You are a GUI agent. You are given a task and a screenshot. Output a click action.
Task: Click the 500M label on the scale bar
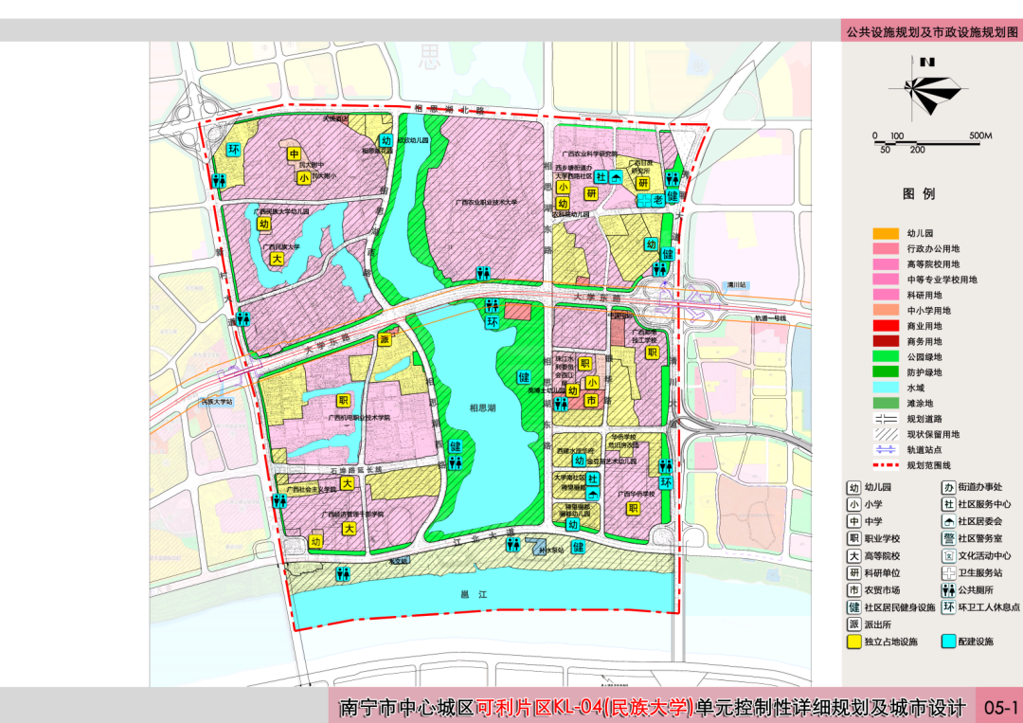(979, 136)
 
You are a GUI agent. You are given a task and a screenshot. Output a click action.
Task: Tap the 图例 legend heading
(919, 193)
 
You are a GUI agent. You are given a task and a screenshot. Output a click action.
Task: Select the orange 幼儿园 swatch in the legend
(886, 233)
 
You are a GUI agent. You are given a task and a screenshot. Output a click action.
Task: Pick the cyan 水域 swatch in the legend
(886, 389)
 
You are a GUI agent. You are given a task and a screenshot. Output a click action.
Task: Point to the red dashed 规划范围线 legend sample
(886, 465)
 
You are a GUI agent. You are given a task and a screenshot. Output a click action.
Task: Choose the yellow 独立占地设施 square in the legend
(854, 642)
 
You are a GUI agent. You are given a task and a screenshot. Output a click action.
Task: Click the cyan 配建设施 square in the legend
(948, 642)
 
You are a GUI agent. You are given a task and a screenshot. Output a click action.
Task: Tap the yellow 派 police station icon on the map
(385, 339)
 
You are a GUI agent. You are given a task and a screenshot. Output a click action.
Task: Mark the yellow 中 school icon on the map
(295, 154)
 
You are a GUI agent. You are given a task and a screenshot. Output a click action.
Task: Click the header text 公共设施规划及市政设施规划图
(932, 31)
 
